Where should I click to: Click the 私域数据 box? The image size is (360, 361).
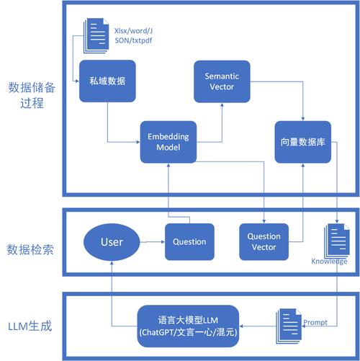pos(107,81)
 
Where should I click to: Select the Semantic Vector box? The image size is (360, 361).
pos(222,81)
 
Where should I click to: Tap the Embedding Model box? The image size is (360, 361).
pos(168,141)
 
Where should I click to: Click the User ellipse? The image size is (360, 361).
pos(111,241)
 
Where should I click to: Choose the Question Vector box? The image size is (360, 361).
pos(264,241)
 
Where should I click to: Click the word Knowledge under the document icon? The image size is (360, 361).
pos(330,262)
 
